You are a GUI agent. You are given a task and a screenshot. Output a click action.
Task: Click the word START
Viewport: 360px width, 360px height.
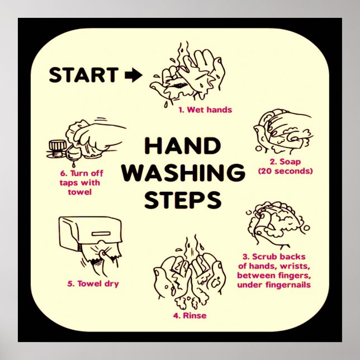click(83, 75)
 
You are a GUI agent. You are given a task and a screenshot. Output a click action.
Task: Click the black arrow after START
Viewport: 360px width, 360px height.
click(133, 75)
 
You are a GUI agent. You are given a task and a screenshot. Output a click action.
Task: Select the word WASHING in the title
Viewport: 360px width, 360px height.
click(183, 173)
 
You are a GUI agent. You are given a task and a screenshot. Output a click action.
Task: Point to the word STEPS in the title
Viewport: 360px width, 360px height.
click(183, 199)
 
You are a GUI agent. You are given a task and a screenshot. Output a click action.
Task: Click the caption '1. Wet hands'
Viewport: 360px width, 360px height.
click(205, 110)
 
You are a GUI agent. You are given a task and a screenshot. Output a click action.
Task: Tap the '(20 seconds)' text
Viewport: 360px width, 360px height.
click(285, 170)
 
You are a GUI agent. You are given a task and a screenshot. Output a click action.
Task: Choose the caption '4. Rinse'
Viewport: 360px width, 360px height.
click(190, 316)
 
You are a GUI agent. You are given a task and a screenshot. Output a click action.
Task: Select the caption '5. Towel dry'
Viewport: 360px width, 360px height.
click(93, 283)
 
